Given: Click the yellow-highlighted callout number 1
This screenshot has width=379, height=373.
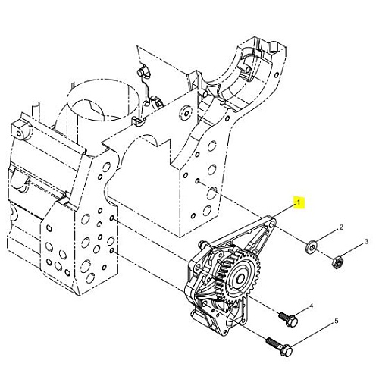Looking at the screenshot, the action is (299, 202).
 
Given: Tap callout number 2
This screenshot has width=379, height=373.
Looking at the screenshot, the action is (341, 227).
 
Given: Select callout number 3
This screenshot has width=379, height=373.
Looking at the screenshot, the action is (366, 242).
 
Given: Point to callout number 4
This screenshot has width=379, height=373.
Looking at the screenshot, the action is (311, 306).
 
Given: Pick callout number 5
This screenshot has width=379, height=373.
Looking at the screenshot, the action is (337, 321).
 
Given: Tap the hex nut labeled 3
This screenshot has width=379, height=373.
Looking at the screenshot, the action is (337, 262).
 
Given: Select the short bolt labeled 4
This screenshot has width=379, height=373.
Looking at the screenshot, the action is (289, 319).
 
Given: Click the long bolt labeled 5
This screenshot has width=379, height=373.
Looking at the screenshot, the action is (280, 346).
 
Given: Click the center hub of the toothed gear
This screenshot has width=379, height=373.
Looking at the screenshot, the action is (240, 278).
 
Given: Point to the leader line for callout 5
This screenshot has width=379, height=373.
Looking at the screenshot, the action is (312, 337).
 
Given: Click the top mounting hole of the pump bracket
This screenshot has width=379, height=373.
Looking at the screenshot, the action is (271, 224).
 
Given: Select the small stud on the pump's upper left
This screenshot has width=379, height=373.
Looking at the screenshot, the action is (202, 243).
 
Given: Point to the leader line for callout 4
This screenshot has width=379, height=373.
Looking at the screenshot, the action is (302, 313).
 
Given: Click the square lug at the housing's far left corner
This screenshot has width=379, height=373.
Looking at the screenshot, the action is (20, 131).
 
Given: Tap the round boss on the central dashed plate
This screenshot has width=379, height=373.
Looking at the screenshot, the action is (186, 113).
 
